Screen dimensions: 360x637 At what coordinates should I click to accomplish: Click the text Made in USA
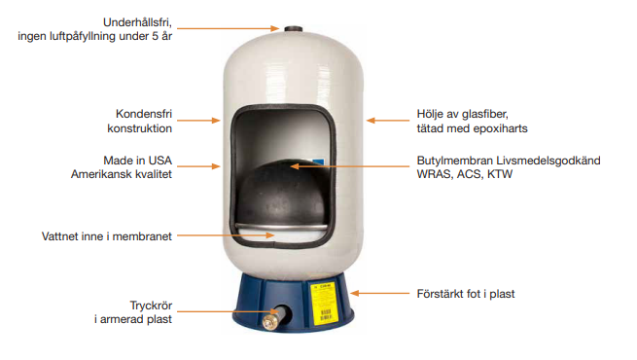[x=138, y=159]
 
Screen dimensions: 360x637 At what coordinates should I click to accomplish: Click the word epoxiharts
[x=498, y=128]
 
